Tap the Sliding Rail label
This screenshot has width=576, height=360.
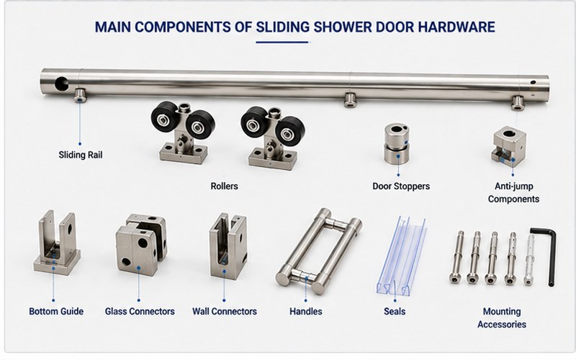81,155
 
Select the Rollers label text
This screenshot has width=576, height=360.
224,186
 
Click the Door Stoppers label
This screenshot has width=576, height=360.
401,186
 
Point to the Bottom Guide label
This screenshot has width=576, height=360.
56,312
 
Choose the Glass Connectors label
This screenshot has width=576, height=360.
140,312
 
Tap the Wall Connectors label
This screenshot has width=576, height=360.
225,312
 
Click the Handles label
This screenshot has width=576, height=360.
305,312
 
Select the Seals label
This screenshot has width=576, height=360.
395,312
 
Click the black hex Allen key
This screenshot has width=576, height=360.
551,257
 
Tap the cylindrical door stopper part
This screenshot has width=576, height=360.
397,143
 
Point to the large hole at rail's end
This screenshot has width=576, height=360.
61,84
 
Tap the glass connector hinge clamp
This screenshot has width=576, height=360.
141,244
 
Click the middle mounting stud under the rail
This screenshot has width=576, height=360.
350,99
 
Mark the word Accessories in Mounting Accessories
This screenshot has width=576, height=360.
502,325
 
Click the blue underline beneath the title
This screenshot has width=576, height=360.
282,42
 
